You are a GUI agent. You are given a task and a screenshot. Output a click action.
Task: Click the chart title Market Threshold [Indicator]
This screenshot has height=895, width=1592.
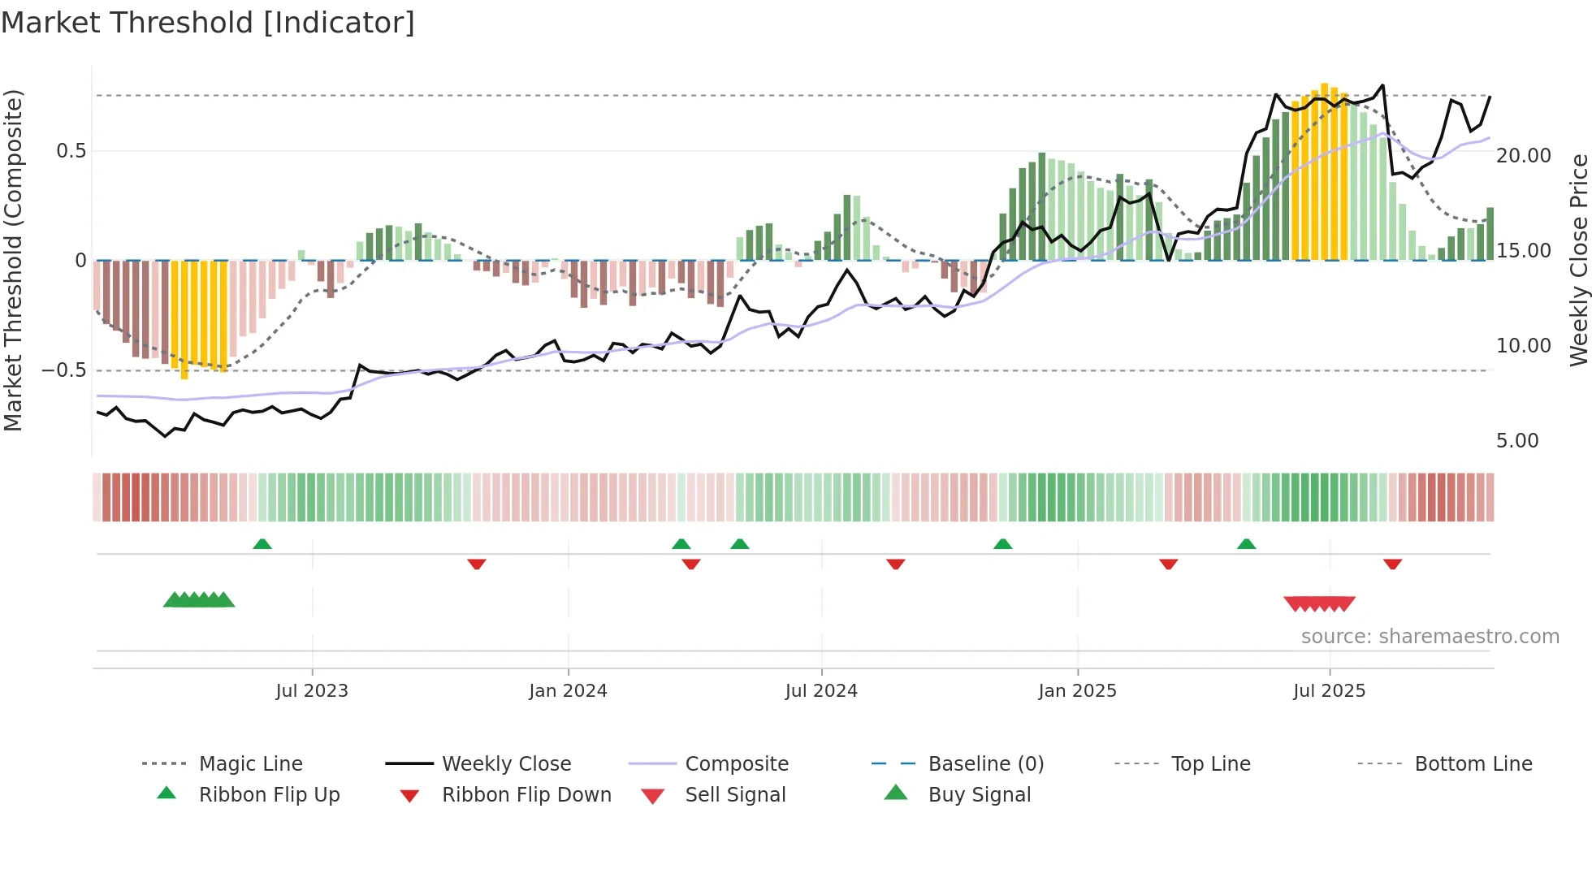208,23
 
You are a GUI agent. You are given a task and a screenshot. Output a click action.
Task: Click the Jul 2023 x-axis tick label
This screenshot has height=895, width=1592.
311,691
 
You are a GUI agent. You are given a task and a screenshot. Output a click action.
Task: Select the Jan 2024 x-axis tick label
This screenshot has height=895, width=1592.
568,691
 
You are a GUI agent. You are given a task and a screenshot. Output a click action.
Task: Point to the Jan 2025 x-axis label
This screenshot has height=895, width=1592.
1077,691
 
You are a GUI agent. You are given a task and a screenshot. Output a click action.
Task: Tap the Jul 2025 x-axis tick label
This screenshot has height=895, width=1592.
1329,691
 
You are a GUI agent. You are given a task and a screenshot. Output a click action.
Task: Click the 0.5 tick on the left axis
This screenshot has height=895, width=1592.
71,151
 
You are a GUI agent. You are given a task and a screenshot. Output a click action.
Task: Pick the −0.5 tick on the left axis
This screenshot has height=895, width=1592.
63,370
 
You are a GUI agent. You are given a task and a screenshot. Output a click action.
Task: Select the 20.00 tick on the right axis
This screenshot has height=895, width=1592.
1523,156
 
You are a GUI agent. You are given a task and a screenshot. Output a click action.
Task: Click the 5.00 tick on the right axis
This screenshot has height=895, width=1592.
1516,441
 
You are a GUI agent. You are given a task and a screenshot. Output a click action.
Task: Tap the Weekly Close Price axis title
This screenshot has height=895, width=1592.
1578,260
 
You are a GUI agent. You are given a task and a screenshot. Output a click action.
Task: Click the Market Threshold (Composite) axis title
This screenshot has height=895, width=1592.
13,260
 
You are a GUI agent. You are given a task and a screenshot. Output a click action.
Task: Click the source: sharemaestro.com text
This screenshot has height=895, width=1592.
1430,637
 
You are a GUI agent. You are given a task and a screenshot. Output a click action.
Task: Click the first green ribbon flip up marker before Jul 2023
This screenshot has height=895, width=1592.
262,544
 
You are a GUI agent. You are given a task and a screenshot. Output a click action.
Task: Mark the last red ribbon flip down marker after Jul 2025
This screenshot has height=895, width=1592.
1392,564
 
